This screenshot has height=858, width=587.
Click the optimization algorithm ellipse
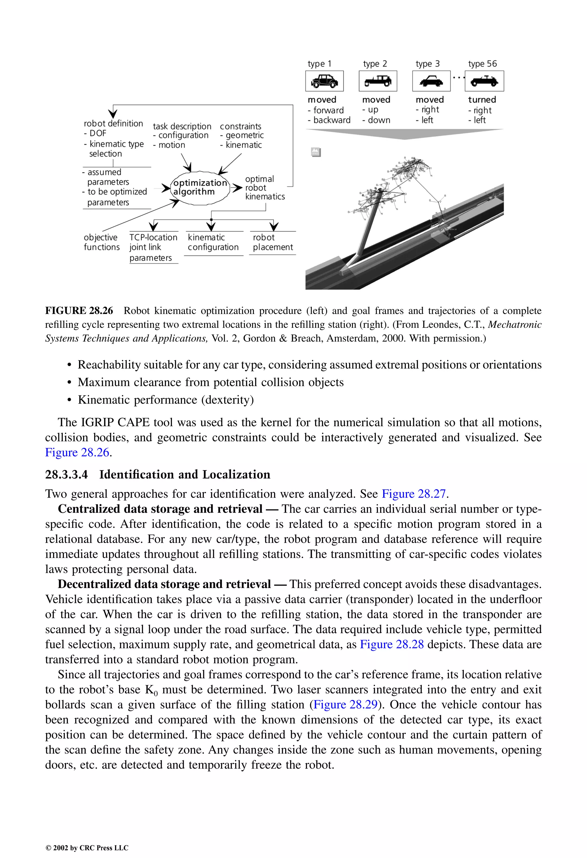(x=200, y=187)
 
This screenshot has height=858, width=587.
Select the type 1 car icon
(x=324, y=81)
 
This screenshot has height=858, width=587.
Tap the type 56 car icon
(x=484, y=81)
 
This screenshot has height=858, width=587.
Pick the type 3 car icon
(x=431, y=81)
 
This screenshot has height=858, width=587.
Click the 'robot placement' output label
(x=273, y=242)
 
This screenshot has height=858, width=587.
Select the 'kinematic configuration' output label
(x=213, y=242)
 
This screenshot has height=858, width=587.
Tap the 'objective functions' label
(x=101, y=242)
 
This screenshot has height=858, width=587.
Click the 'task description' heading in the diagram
(x=182, y=126)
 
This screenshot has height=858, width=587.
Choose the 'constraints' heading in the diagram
(x=240, y=126)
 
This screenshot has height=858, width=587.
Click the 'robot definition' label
(x=113, y=123)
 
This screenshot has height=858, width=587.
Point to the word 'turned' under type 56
(x=482, y=100)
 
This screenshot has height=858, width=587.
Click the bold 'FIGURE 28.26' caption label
(x=79, y=310)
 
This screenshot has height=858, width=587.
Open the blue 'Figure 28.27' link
(x=414, y=494)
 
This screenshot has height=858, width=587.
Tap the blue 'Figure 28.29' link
(x=345, y=704)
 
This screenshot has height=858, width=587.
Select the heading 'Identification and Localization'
(x=185, y=474)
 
